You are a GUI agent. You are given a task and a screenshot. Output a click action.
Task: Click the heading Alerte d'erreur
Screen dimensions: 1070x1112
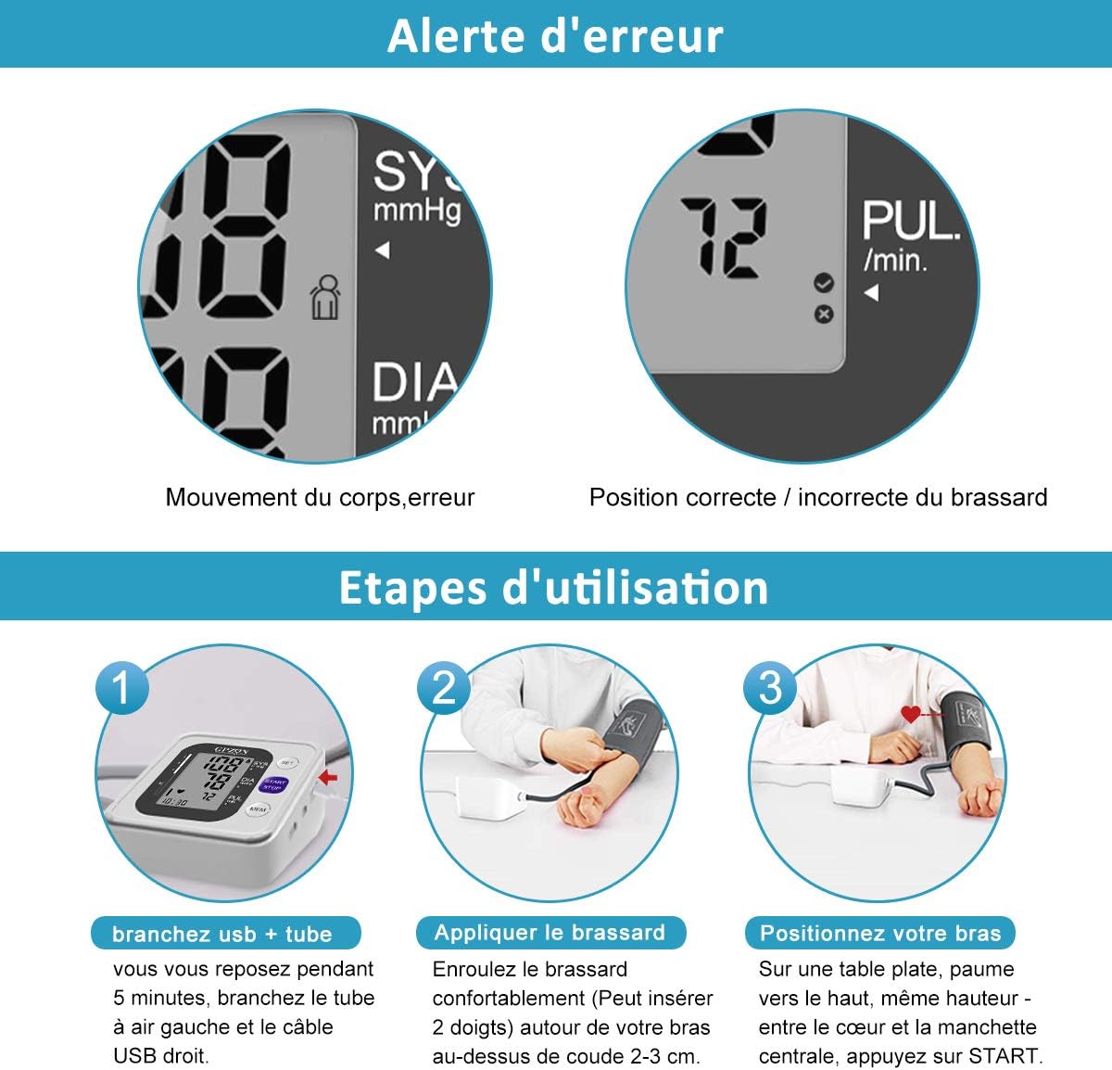click(x=555, y=35)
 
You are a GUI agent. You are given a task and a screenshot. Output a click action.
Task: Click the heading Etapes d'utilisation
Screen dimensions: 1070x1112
click(x=554, y=588)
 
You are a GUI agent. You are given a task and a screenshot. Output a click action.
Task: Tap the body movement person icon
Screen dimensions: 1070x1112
click(x=324, y=298)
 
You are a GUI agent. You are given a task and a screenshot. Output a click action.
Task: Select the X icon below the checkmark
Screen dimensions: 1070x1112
click(x=823, y=314)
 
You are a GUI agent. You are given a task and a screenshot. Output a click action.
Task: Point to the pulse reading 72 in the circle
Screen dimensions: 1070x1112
click(x=724, y=238)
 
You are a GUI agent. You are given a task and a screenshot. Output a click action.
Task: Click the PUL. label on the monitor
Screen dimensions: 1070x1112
click(x=910, y=223)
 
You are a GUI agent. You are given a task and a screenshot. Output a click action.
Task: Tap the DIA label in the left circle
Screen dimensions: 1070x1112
click(x=414, y=383)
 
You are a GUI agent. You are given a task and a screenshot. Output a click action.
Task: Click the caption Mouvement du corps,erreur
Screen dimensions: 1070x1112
click(x=320, y=497)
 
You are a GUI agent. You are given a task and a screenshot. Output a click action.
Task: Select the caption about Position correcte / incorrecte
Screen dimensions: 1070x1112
click(x=818, y=497)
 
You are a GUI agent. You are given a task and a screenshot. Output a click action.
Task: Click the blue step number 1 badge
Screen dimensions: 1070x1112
click(x=121, y=688)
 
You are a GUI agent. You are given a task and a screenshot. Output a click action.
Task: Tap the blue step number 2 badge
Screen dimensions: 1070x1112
click(x=444, y=688)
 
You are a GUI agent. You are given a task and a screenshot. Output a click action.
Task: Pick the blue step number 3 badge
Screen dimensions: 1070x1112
click(x=770, y=688)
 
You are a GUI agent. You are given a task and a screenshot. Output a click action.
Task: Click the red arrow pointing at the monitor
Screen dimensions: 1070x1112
click(x=328, y=777)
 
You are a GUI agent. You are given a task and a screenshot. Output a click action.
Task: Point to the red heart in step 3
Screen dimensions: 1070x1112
click(x=912, y=714)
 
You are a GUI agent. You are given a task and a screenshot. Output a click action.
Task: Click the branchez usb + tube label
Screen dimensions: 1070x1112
click(x=222, y=934)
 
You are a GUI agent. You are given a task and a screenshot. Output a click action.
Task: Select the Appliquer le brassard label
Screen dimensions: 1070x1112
click(x=550, y=933)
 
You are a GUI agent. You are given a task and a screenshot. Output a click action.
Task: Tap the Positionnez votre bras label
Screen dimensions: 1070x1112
click(x=880, y=933)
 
